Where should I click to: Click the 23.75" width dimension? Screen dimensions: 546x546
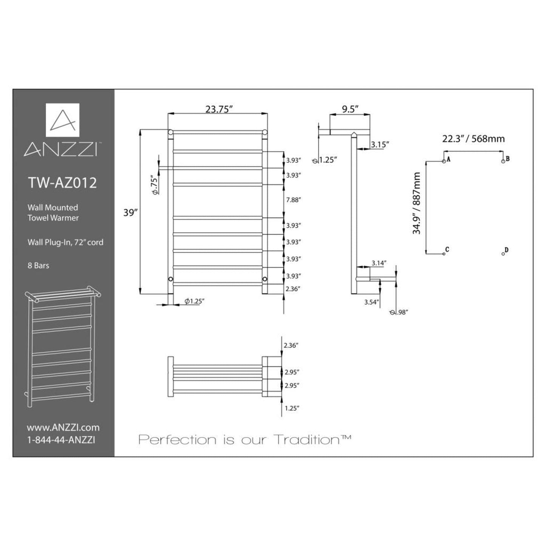(218, 109)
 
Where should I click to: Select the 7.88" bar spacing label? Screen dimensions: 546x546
(293, 200)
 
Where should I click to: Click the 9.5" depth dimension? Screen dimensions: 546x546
(350, 109)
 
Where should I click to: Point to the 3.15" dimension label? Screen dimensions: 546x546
(379, 144)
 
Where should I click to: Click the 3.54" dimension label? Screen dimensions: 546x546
(371, 302)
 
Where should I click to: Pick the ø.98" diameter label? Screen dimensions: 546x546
(399, 312)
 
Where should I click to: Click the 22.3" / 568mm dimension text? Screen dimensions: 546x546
(473, 139)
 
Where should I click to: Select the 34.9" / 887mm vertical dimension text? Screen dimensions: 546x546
(416, 204)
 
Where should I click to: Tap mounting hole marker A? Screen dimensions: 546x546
(444, 161)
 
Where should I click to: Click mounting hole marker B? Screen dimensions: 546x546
(503, 161)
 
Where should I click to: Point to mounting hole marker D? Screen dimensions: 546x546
(503, 254)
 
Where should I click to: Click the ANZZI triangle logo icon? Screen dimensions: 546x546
(63, 120)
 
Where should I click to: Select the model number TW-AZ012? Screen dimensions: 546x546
(62, 183)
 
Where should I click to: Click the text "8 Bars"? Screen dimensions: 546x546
(38, 266)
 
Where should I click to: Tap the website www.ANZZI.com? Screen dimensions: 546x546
(63, 427)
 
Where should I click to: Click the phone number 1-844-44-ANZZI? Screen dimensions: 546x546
(60, 440)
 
